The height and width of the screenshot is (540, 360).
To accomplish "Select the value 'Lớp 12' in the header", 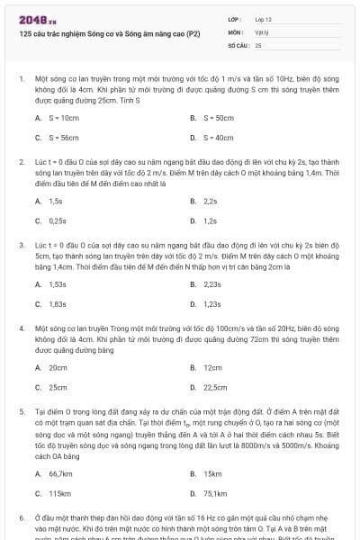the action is pyautogui.click(x=263, y=18).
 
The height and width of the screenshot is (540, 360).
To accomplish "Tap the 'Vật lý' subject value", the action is pyautogui.click(x=262, y=31).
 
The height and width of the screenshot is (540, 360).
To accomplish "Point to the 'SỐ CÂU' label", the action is pyautogui.click(x=238, y=44).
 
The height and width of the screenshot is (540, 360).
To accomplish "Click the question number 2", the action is pyautogui.click(x=22, y=161).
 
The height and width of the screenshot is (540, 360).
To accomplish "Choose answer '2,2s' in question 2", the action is pyautogui.click(x=211, y=201).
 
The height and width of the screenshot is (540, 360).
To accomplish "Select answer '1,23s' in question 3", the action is pyautogui.click(x=212, y=303).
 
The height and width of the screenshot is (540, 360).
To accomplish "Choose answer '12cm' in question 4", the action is pyautogui.click(x=212, y=367).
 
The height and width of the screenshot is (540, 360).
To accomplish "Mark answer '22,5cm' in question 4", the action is pyautogui.click(x=215, y=387).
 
